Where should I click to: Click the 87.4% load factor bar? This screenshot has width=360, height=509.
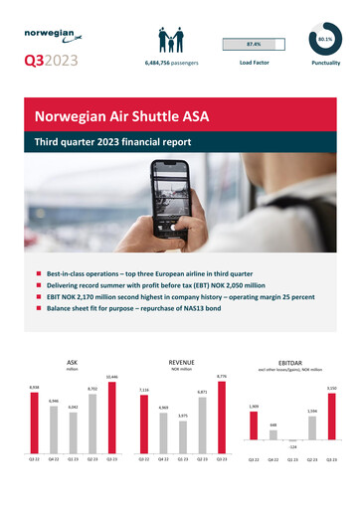click(254, 45)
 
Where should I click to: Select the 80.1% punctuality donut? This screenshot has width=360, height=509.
click(325, 37)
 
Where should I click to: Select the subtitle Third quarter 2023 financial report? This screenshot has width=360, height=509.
click(112, 142)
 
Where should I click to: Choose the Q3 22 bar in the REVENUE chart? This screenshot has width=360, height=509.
click(144, 416)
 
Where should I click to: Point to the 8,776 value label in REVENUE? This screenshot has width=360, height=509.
click(222, 376)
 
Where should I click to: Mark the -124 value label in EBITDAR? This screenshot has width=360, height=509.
click(293, 448)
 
